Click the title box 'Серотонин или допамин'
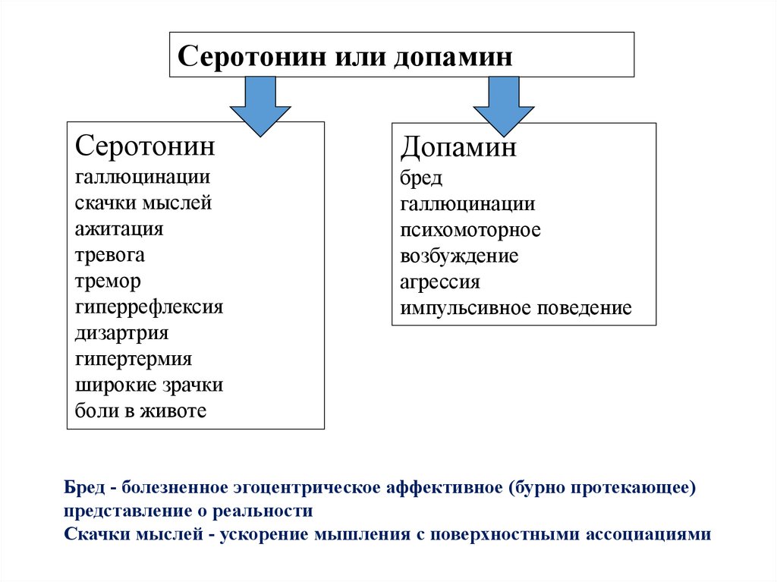coord(401,55)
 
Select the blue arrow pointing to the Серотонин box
coord(260,106)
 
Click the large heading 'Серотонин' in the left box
coord(145,146)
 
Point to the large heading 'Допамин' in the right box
coord(458,146)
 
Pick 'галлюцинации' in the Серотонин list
coord(143,178)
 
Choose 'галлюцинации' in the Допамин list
coord(467,204)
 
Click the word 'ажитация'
coord(119,228)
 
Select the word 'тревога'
coord(110,255)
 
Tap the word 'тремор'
coord(108,281)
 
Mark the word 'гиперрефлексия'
coord(149,307)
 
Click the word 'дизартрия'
coord(121,333)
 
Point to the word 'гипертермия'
coord(134,359)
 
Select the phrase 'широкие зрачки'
coord(149,385)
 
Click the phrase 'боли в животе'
coord(140,411)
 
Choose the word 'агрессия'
coord(440,282)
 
